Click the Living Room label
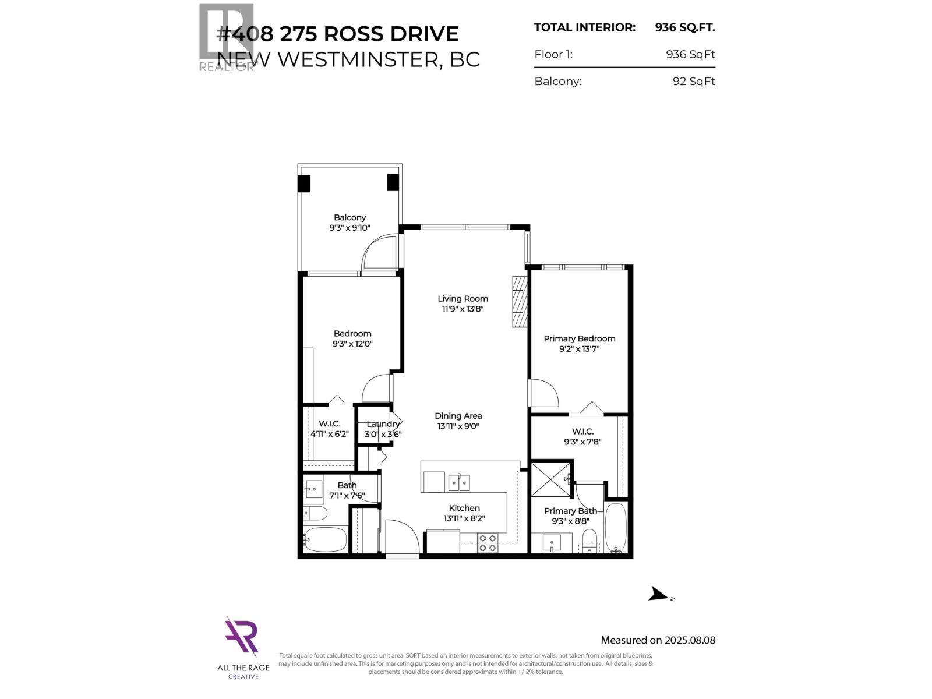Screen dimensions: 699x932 point(463,298)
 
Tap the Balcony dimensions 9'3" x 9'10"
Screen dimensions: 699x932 point(349,228)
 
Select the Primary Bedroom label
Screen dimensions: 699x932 point(579,338)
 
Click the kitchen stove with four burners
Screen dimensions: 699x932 point(487,543)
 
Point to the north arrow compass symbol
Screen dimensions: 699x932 point(660,594)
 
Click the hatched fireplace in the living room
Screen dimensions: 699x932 point(520,301)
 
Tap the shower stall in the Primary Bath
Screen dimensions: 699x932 point(551,479)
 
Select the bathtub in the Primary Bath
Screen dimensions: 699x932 point(615,528)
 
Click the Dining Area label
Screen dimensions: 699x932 point(458,416)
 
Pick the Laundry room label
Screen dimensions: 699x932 point(383,424)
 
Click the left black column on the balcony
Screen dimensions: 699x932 point(304,183)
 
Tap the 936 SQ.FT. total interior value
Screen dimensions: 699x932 point(684,27)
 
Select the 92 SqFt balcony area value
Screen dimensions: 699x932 point(693,82)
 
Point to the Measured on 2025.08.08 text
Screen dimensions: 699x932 point(658,640)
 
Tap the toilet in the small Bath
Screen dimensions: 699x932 point(315,513)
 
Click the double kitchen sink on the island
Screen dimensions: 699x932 point(459,482)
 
